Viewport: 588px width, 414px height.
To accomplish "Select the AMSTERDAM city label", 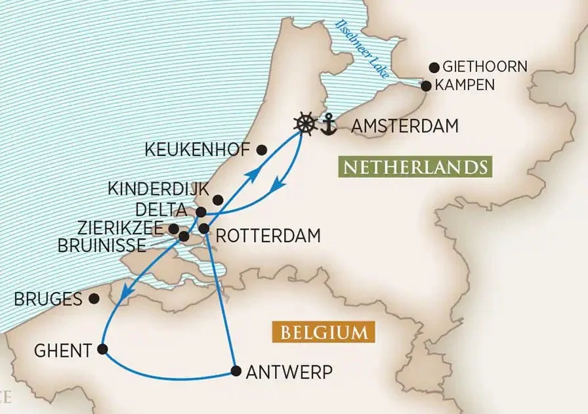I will (x=405, y=126).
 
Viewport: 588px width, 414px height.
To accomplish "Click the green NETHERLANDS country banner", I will (x=415, y=167).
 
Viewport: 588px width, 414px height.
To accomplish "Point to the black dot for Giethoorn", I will (x=434, y=67).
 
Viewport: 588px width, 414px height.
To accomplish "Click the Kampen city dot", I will (x=426, y=86).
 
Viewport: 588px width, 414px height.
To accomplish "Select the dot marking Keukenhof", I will (x=262, y=150).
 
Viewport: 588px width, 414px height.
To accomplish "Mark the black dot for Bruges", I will (x=94, y=299).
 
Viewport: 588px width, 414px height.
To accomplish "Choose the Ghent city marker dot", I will (x=103, y=349).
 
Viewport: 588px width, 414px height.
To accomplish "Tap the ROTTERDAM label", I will (x=268, y=235).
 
